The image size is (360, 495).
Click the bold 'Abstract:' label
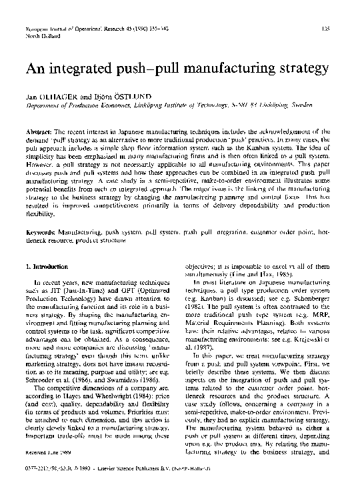pos(40,133)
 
